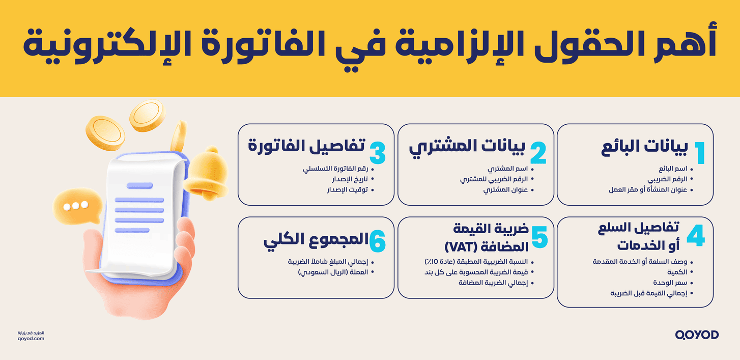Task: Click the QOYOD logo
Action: tap(697, 335)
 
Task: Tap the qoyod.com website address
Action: tap(31, 338)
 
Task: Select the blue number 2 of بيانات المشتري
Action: tap(538, 153)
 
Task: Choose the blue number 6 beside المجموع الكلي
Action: tap(378, 242)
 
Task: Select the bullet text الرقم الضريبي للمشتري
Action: tap(494, 179)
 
